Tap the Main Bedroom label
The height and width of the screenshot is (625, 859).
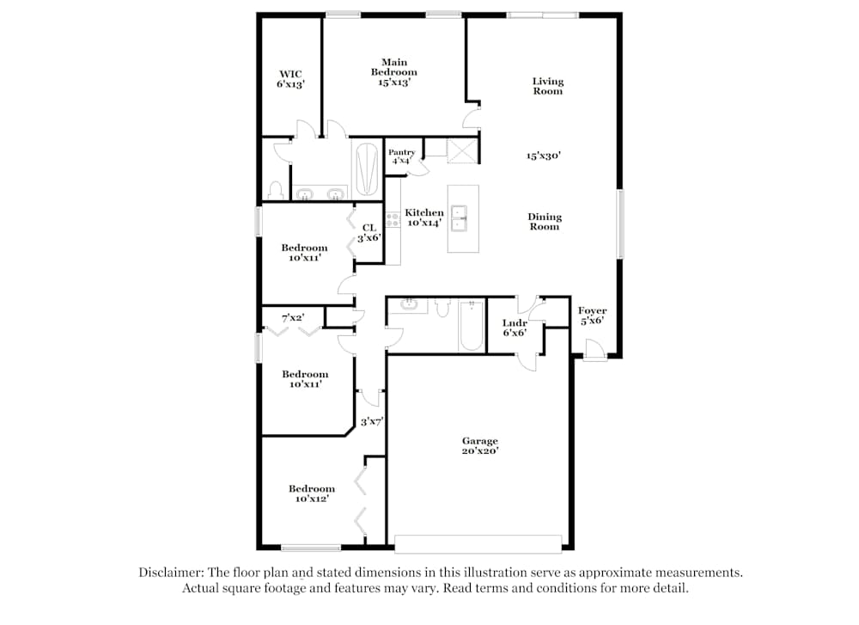(x=393, y=72)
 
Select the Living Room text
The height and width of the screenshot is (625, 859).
(x=547, y=86)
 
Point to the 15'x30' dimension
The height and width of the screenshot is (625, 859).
(x=544, y=156)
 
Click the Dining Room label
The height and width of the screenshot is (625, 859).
(x=544, y=222)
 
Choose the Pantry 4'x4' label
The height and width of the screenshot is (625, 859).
(x=401, y=156)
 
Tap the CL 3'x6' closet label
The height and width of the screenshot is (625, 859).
(x=368, y=232)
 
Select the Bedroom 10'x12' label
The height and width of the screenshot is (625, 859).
(x=311, y=493)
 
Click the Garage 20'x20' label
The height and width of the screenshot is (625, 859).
(x=479, y=445)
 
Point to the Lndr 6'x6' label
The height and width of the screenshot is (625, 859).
(x=514, y=328)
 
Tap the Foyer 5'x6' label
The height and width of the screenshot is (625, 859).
(x=592, y=316)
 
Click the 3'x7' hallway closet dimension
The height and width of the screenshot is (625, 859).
(x=371, y=421)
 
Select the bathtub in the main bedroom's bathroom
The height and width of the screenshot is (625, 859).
(x=366, y=169)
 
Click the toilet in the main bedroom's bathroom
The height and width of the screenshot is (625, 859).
(x=277, y=190)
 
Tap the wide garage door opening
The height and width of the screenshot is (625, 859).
(x=478, y=543)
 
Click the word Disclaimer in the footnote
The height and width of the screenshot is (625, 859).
(x=169, y=573)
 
